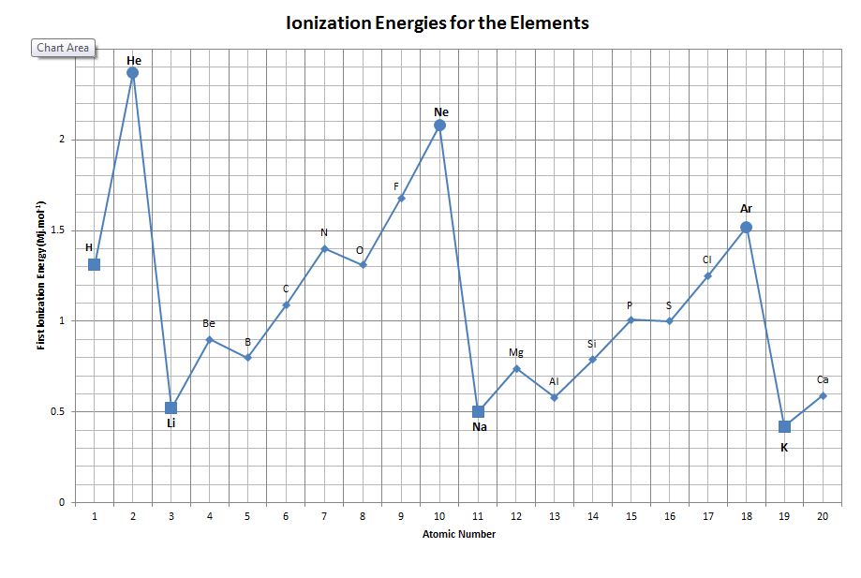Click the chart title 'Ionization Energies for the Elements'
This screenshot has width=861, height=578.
point(438,22)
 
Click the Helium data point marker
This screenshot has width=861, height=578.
point(133,72)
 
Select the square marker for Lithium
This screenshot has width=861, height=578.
point(171,408)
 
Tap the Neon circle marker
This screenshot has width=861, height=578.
point(439,125)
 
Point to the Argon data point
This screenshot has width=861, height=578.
point(746,227)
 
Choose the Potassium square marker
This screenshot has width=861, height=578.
point(784,426)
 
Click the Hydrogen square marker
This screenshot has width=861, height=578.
point(94,264)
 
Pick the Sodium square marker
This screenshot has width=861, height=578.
point(478,411)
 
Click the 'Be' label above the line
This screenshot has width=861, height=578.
point(209,323)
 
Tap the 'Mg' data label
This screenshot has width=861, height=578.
point(516,352)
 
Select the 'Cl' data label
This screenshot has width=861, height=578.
point(707,259)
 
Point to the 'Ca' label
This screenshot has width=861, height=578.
point(823,379)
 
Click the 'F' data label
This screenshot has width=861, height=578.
point(396,187)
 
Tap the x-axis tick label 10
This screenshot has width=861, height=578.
point(439,516)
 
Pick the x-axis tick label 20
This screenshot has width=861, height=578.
point(823,516)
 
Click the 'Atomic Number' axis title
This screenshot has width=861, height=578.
point(458,535)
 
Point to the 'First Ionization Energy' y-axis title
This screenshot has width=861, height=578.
point(41,275)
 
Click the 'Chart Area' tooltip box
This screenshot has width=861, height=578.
point(64,48)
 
